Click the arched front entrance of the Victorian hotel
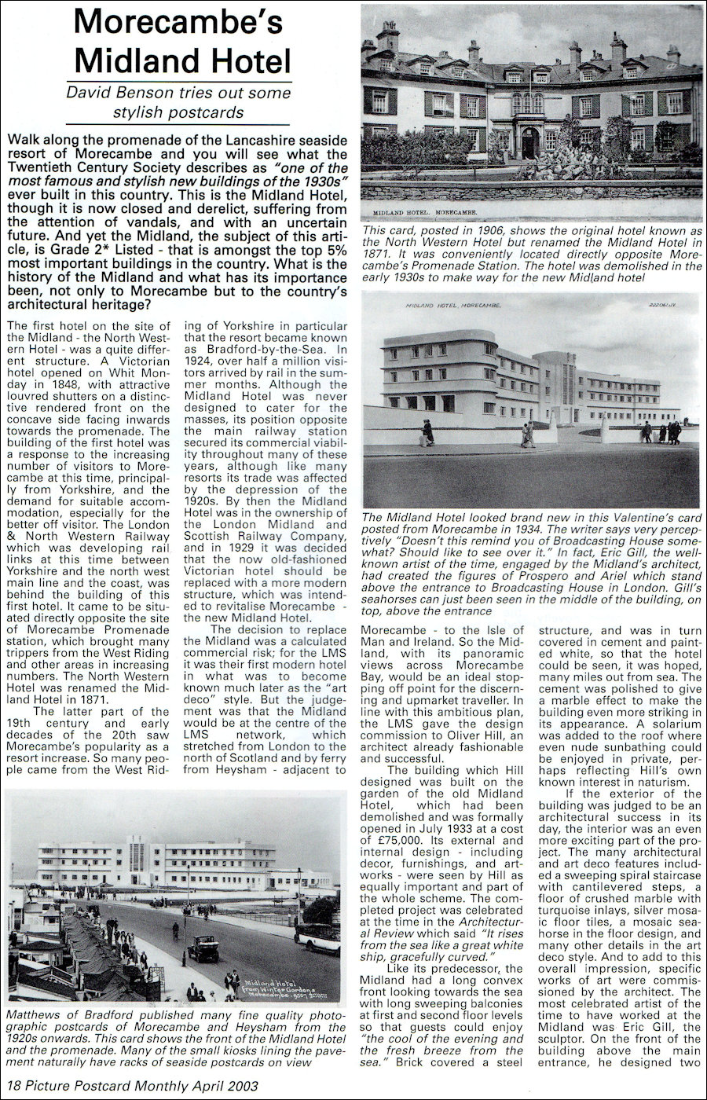pyautogui.click(x=531, y=141)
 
